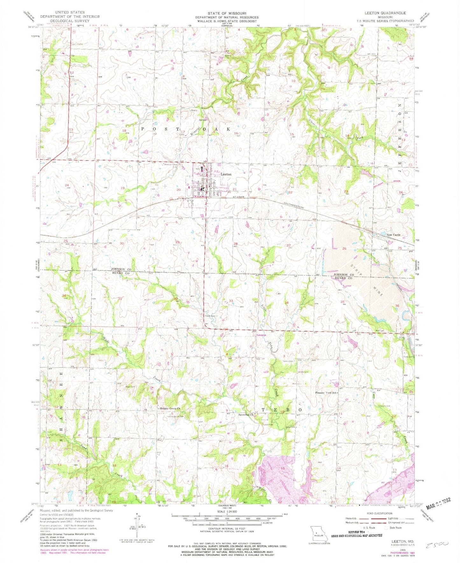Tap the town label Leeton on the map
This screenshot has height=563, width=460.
click(226, 175)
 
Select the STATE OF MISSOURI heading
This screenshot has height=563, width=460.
click(227, 13)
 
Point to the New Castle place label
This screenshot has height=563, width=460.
click(393, 235)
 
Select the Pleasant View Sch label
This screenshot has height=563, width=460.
click(326, 393)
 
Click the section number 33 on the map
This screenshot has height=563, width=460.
click(231, 301)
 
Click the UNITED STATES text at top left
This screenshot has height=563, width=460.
click(70, 12)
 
